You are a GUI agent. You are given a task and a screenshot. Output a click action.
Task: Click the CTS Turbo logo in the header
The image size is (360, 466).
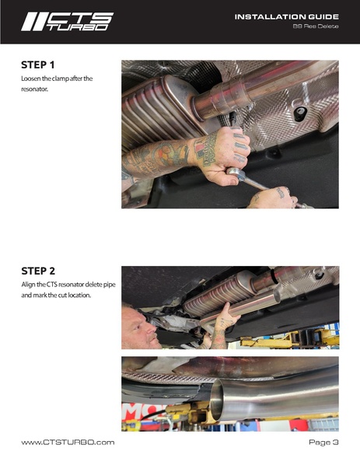pos(67,22)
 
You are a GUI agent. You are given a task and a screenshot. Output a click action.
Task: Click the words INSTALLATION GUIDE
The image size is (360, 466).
pos(286,16)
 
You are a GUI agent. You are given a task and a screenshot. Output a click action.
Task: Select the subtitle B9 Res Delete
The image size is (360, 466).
pos(316,26)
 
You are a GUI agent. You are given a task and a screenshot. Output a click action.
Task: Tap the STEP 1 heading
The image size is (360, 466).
pos(38,65)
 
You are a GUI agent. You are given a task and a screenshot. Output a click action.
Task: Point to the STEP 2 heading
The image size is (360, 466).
pos(38,271)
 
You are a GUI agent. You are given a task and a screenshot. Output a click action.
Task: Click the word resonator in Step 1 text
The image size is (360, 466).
pos(34,89)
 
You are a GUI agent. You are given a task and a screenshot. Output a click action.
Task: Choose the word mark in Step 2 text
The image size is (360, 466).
pos(38,296)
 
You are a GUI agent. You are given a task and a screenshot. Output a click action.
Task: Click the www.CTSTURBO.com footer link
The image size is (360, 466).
pos(68,443)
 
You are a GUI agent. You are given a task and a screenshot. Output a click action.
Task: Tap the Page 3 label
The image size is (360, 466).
pos(323,443)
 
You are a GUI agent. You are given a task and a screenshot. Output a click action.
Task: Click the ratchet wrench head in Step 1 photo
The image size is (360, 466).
pos(236,173)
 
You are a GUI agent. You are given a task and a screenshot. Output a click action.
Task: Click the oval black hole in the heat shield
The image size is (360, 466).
pos(300,114)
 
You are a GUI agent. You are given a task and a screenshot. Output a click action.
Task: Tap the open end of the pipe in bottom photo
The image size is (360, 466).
pos(217,400)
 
